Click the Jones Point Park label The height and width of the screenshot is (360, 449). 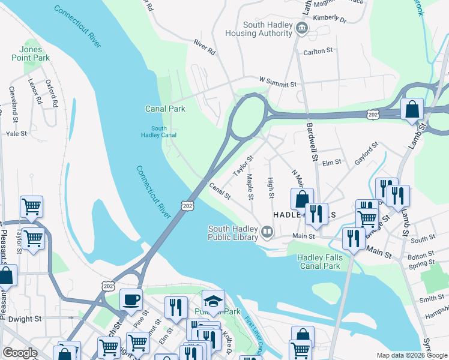click(x=30, y=53)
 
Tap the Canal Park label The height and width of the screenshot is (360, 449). click(x=165, y=109)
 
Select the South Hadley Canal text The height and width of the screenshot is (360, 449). click(x=159, y=132)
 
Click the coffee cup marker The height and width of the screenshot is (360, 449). click(x=131, y=299)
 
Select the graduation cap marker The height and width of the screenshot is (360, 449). click(x=212, y=301)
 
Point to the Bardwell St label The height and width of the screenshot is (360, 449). click(x=312, y=142)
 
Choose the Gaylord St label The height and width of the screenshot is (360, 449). click(x=366, y=150)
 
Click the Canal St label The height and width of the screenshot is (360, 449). click(x=220, y=191)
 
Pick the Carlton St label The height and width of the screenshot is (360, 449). click(x=318, y=52)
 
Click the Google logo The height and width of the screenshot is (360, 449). click(x=20, y=353)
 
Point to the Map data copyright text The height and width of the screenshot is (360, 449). click(x=411, y=355)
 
